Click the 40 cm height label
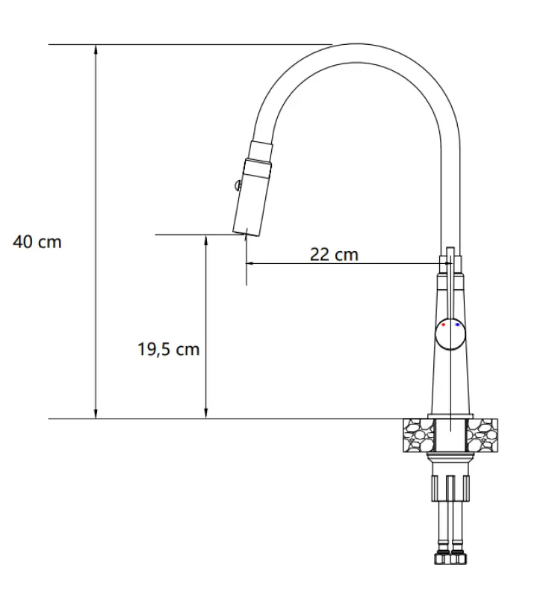pyautogui.click(x=37, y=242)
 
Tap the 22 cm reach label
pyautogui.click(x=334, y=254)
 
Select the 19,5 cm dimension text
pyautogui.click(x=168, y=349)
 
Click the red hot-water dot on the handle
pyautogui.click(x=444, y=325)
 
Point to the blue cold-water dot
pyautogui.click(x=456, y=325)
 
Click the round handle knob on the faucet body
pyautogui.click(x=450, y=334)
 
